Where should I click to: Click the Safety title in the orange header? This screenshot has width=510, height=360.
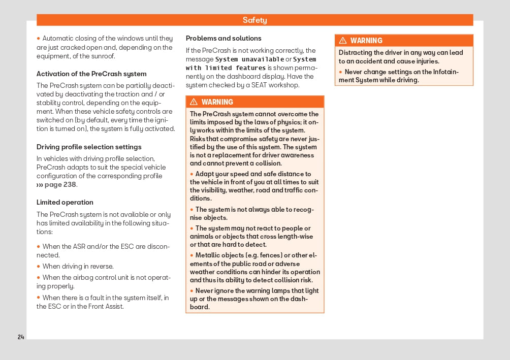254,20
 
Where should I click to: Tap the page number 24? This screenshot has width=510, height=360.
21,337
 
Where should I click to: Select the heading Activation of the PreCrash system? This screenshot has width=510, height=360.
91,74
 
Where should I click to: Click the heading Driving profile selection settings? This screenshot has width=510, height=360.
89,147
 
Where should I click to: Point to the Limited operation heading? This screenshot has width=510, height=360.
65,202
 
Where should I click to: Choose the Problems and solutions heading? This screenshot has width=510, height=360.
224,38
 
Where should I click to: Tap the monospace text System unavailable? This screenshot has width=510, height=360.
250,59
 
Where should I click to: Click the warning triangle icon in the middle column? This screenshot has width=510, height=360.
194,102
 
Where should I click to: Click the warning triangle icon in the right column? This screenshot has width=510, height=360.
343,41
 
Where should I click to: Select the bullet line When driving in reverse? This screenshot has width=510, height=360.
78,266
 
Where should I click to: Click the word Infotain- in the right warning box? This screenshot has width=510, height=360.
443,72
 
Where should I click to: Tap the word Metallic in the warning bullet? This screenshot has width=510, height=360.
209,255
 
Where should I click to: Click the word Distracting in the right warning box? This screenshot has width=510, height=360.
357,53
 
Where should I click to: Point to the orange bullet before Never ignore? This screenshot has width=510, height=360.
192,291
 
